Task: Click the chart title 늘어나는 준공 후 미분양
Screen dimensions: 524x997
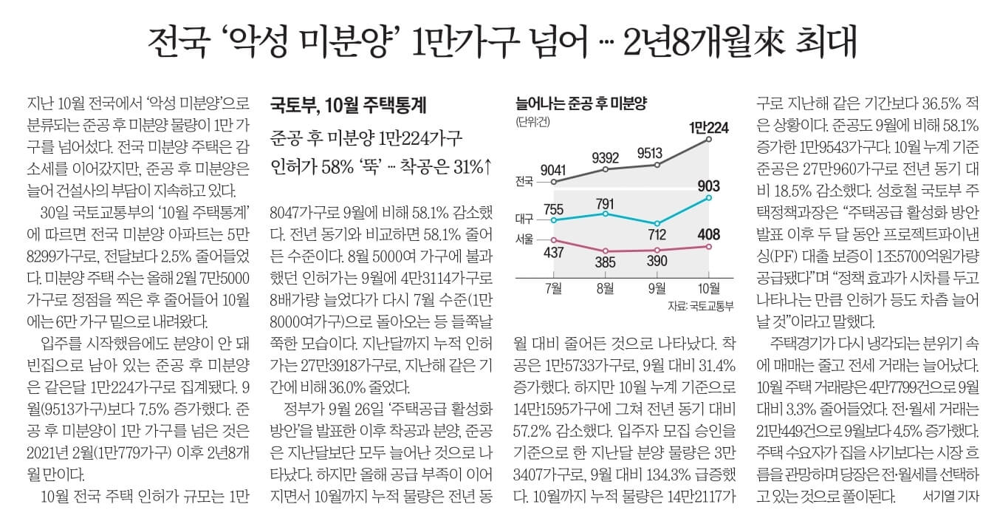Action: click(x=583, y=103)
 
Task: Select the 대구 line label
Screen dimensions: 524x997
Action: click(x=524, y=220)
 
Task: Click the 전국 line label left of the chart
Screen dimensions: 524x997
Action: click(x=524, y=180)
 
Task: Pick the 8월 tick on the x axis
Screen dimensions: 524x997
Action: click(x=606, y=287)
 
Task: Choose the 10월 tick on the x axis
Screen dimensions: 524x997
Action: click(x=709, y=287)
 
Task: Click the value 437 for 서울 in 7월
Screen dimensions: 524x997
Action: click(x=553, y=253)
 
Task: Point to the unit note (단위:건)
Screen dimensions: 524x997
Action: click(x=533, y=122)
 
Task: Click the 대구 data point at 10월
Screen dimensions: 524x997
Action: click(x=709, y=197)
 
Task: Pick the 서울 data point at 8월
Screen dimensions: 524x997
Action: click(x=606, y=251)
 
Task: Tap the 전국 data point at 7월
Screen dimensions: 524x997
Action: click(x=554, y=181)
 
